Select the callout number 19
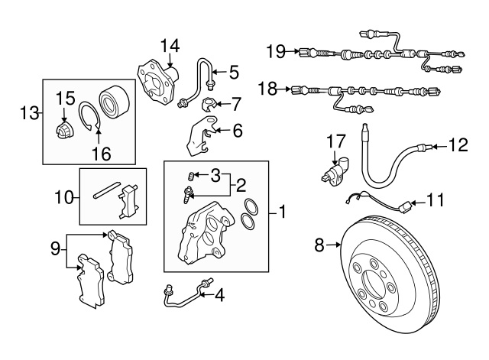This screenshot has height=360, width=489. [x=276, y=52]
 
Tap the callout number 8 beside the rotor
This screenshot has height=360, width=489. [x=319, y=245]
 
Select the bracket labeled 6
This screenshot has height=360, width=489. [x=198, y=139]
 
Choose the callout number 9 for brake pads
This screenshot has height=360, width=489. [x=54, y=248]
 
